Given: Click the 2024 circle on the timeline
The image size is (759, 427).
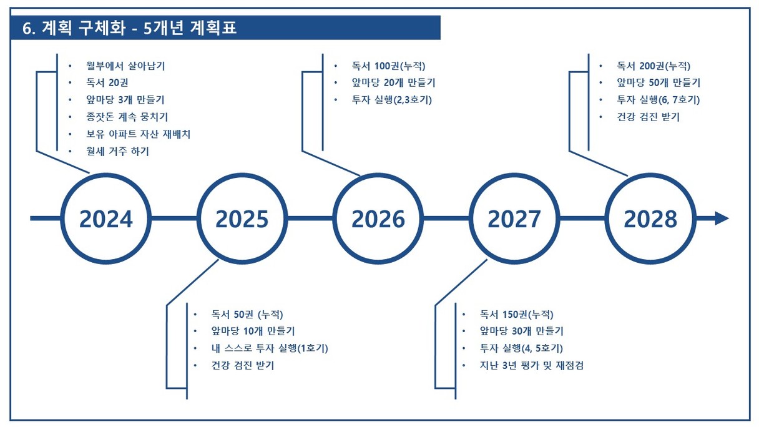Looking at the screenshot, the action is (x=106, y=176).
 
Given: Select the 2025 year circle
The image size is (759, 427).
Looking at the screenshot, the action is (x=242, y=176).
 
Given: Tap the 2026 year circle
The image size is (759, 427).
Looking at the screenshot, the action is (x=378, y=176).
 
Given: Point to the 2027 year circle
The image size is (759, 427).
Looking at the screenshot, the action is (x=514, y=176).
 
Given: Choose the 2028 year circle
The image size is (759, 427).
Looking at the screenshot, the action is (x=650, y=176).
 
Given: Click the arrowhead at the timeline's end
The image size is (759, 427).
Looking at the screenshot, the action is (x=722, y=218).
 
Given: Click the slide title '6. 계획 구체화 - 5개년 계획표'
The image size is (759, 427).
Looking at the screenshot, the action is (x=129, y=28).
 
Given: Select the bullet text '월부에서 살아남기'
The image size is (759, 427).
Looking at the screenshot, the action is (x=125, y=66).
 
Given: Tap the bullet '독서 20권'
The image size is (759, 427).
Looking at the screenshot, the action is (x=107, y=82).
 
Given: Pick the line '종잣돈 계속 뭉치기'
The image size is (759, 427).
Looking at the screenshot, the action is (x=127, y=117).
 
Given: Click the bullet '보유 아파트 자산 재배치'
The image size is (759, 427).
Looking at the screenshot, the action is (x=138, y=134).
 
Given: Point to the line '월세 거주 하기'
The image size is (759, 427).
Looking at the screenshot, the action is (x=117, y=151).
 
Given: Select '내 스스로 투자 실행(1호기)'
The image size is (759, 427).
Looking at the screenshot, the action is (x=270, y=348).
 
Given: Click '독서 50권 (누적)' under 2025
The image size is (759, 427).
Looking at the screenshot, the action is (x=247, y=315).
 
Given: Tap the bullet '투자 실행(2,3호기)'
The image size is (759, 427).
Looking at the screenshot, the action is (x=392, y=100).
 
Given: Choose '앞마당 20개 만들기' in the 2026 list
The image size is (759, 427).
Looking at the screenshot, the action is (x=394, y=82).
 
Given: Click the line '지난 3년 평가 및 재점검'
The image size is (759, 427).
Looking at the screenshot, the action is (x=532, y=365).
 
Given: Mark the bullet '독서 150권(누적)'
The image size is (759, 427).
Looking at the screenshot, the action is (x=517, y=315).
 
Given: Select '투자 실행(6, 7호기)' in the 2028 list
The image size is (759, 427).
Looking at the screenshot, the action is (x=659, y=100).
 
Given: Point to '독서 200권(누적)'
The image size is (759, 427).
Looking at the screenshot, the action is (x=654, y=66).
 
